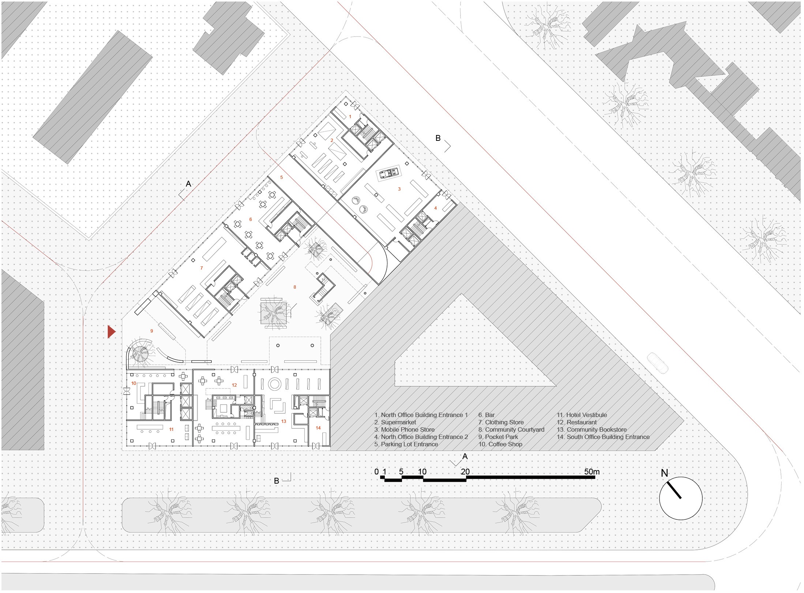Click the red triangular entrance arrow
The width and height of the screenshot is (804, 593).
[111, 332]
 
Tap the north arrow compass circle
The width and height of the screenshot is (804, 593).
[681, 498]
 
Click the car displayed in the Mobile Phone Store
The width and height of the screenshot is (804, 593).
[388, 173]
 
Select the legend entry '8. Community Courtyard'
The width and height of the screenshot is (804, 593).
[511, 429]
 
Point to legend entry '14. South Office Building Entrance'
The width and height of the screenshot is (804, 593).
[603, 437]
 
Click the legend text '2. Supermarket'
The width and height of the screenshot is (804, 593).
[395, 422]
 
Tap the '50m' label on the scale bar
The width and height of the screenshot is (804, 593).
[591, 472]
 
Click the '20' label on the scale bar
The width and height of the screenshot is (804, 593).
[465, 472]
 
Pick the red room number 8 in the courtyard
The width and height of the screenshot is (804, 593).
[295, 287]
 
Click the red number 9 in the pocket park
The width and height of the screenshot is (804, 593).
[152, 331]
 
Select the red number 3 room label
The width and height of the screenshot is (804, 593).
[399, 189]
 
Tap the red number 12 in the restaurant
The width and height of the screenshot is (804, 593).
[234, 385]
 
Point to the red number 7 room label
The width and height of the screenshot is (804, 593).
[202, 268]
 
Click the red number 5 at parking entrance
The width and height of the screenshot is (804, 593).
[282, 177]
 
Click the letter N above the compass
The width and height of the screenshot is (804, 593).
[664, 473]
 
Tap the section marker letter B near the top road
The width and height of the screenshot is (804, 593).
[438, 138]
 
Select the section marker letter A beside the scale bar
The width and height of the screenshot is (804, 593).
[465, 457]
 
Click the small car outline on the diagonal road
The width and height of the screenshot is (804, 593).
[657, 363]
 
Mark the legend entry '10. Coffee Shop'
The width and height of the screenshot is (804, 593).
[500, 444]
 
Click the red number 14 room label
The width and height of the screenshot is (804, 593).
[318, 428]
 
